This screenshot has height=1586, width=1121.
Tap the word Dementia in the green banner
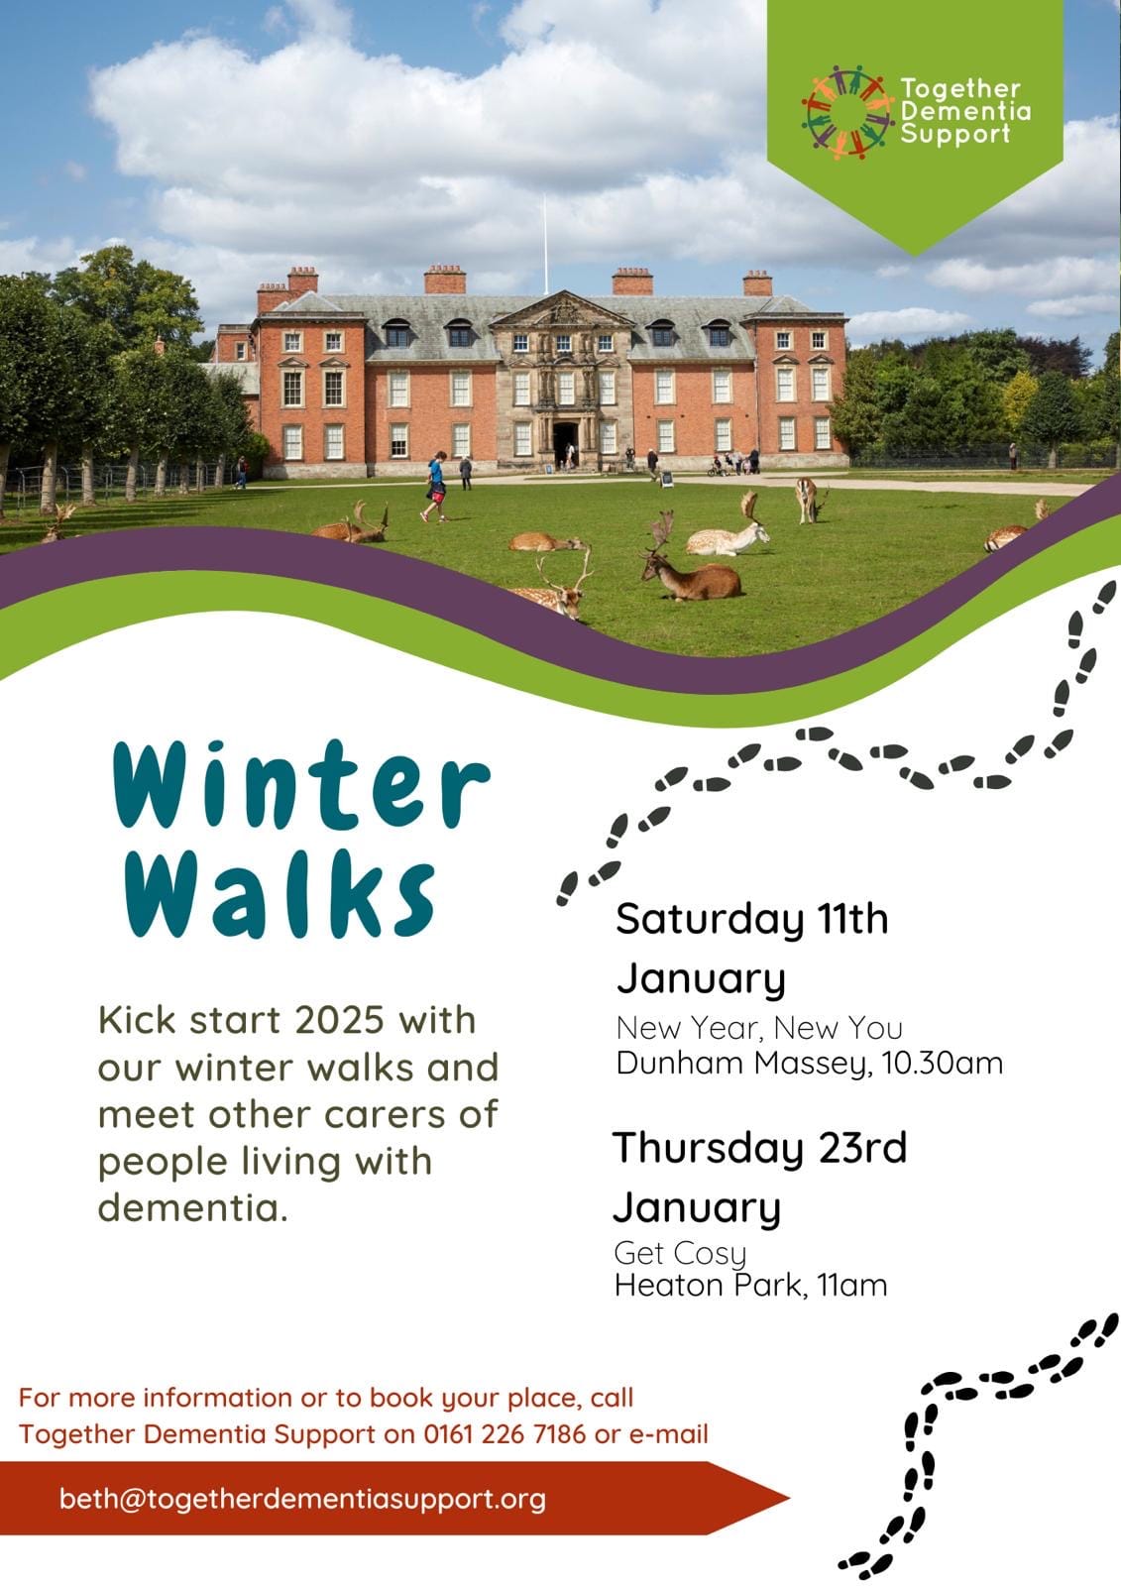click(966, 111)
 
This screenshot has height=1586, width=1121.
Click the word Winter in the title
click(301, 784)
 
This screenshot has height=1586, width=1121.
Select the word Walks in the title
click(280, 894)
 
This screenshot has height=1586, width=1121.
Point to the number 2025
click(339, 1020)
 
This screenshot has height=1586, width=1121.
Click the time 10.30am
click(943, 1063)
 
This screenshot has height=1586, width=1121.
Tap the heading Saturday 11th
click(752, 919)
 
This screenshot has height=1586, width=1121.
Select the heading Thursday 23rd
click(760, 1148)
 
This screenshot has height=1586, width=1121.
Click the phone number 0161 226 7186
click(504, 1433)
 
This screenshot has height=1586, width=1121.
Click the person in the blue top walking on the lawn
click(435, 487)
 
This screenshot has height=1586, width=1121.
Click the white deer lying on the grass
click(727, 531)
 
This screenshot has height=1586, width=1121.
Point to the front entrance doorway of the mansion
click(566, 443)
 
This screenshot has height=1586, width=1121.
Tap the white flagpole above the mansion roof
click(545, 244)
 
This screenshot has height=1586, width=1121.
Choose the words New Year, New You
click(759, 1028)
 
